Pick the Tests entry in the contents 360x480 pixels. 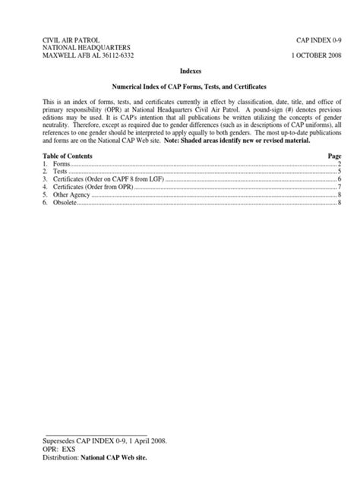(x=58, y=172)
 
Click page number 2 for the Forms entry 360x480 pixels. (x=339, y=163)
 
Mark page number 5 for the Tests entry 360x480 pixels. (x=339, y=172)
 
